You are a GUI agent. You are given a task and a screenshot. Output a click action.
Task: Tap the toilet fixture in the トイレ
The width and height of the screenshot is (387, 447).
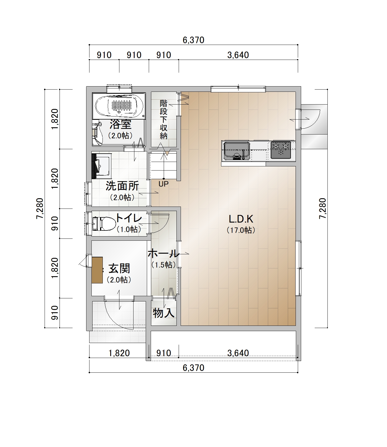click(x=104, y=223)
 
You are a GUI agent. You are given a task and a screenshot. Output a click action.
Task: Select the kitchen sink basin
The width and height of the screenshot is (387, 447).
click(x=237, y=151)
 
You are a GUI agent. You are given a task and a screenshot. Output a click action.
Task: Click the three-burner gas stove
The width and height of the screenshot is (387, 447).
click(x=281, y=150)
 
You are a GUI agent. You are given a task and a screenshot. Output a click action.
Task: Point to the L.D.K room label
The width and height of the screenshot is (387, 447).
click(x=241, y=219)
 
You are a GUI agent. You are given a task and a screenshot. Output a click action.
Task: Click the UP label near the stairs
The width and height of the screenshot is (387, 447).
click(x=163, y=184)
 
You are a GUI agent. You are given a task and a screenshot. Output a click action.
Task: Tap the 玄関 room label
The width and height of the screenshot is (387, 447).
click(x=119, y=268)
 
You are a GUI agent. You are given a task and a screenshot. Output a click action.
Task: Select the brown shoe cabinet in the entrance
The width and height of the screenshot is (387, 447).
click(x=97, y=270)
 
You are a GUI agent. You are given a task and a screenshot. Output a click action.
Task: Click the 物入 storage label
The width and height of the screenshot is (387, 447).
click(x=164, y=313)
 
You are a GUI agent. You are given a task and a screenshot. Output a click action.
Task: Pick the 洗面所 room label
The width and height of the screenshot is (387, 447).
click(x=122, y=186)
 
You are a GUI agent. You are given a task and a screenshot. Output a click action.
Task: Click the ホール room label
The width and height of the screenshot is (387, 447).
click(x=163, y=253)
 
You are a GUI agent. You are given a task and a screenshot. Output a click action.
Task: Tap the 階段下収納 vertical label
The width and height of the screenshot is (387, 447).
click(x=164, y=120)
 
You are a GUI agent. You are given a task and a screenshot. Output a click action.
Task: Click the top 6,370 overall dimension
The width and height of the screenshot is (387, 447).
click(x=194, y=40)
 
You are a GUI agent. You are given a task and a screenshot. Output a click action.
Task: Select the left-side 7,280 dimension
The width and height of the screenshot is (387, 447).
click(x=40, y=209)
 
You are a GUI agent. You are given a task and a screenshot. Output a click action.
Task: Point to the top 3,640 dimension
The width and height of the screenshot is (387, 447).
click(x=238, y=55)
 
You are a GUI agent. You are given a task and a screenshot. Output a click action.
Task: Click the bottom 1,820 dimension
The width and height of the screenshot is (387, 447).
click(x=119, y=353)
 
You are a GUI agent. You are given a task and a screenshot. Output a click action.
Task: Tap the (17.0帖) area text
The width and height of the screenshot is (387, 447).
click(x=241, y=230)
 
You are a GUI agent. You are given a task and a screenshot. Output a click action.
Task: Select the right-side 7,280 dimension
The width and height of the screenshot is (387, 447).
click(x=323, y=209)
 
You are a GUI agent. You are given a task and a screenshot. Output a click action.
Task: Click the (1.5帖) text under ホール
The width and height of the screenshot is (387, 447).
click(x=164, y=265)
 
